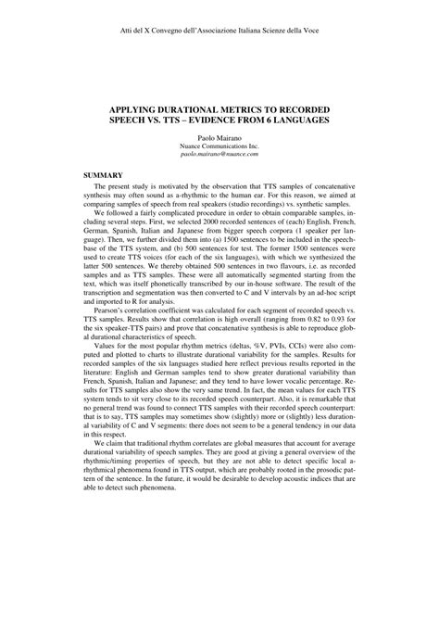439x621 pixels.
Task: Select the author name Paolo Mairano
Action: tap(219, 139)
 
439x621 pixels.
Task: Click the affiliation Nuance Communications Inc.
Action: tap(219, 148)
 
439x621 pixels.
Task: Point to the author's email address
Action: tap(219, 157)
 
